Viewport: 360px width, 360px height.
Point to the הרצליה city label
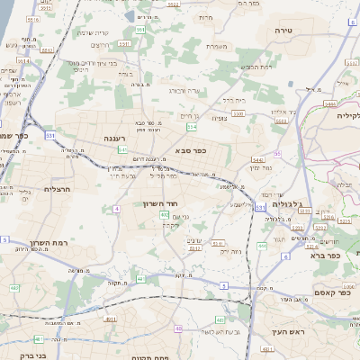[57, 189]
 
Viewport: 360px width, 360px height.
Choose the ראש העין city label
[293, 332]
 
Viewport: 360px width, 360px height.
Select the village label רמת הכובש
[255, 67]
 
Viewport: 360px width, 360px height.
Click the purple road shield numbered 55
[277, 154]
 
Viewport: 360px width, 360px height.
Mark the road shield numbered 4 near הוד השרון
[116, 209]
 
